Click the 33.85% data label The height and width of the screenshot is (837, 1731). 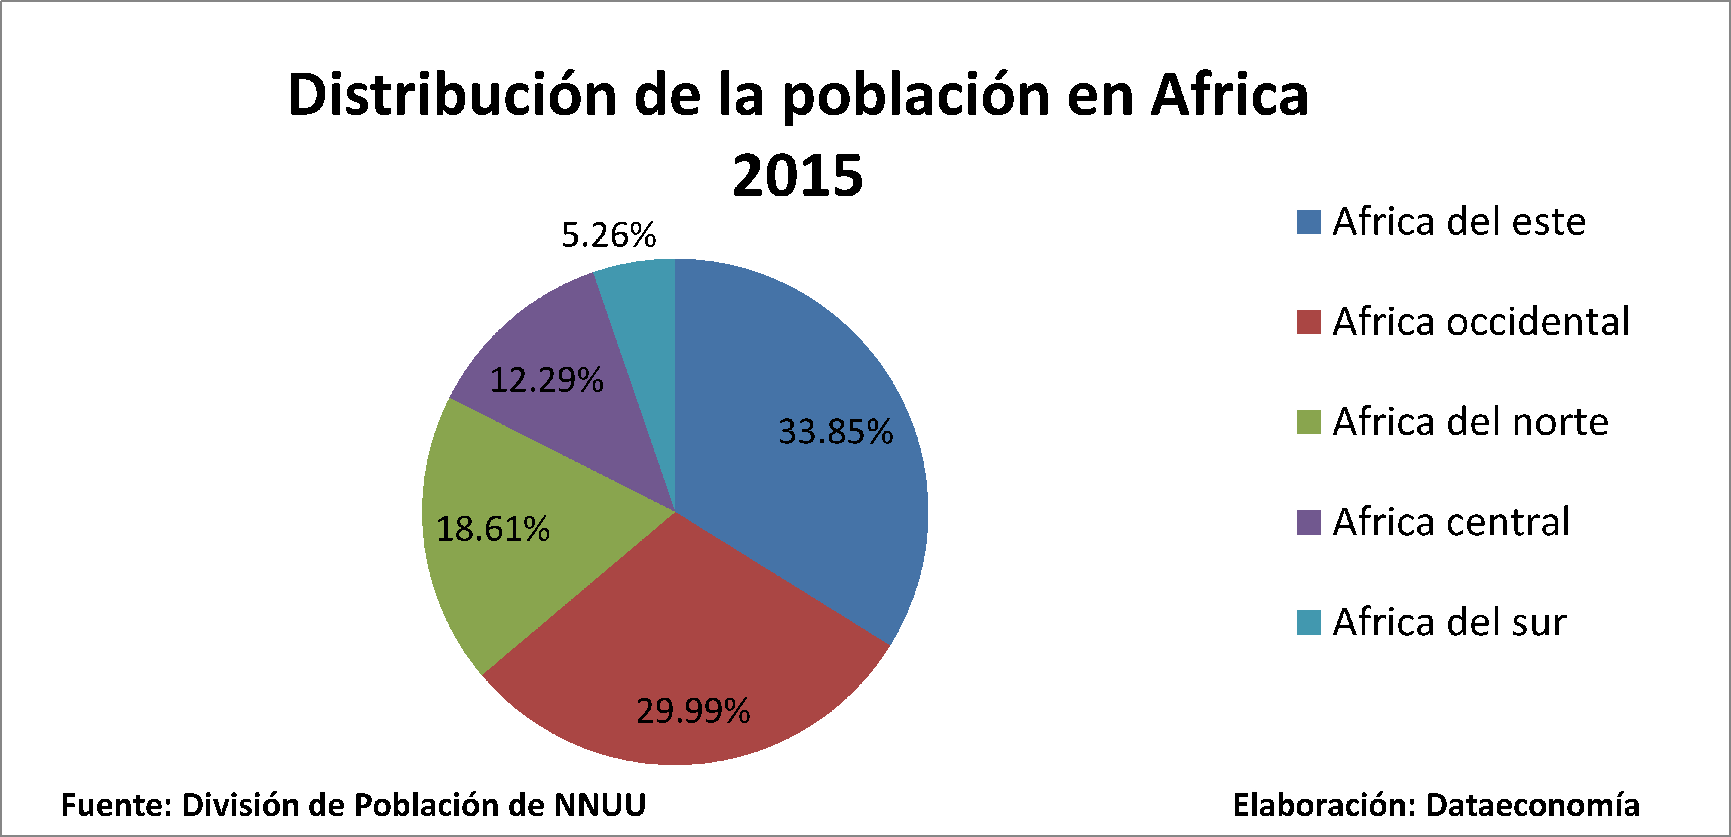click(835, 432)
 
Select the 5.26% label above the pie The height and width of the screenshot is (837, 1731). click(608, 235)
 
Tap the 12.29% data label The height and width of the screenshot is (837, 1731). click(546, 381)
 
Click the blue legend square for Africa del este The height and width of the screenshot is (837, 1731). click(1308, 222)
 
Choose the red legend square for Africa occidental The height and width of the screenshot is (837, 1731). click(1308, 322)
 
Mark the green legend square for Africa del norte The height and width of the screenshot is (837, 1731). click(1308, 422)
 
